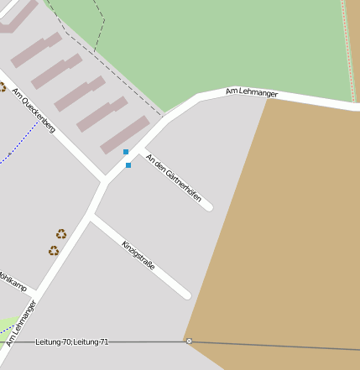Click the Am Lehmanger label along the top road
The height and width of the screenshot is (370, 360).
(x=252, y=92)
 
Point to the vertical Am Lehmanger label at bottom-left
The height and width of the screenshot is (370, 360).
(x=22, y=323)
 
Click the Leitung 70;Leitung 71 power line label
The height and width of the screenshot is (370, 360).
(x=72, y=342)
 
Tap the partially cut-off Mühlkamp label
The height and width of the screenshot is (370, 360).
(x=12, y=280)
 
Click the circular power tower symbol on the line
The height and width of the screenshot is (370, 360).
(x=189, y=341)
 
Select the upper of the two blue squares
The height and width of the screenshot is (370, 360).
(x=126, y=152)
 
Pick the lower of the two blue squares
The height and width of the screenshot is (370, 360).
(x=128, y=165)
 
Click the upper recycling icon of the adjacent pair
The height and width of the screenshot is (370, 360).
(x=61, y=234)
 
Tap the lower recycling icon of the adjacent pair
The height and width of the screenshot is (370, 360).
(x=54, y=250)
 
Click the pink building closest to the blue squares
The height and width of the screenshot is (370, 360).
(x=124, y=135)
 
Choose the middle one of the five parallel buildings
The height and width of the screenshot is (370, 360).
(x=80, y=94)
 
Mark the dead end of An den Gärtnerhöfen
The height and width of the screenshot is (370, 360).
(x=207, y=206)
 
